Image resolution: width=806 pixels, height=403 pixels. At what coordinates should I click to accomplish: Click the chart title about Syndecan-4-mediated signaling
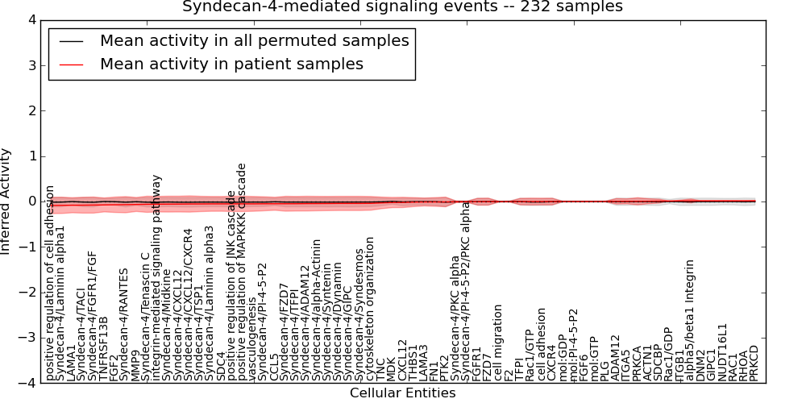402,6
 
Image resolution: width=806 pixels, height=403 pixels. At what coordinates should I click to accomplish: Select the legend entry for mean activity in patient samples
231,64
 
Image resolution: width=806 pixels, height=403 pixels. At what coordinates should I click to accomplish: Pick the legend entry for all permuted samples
254,40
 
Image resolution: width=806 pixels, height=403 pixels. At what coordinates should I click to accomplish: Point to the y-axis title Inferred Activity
7,201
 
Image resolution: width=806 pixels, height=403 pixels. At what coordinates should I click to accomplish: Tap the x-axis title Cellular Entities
402,393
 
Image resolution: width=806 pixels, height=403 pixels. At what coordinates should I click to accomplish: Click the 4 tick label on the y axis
31,20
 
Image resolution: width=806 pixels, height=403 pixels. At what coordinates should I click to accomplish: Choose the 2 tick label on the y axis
31,111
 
